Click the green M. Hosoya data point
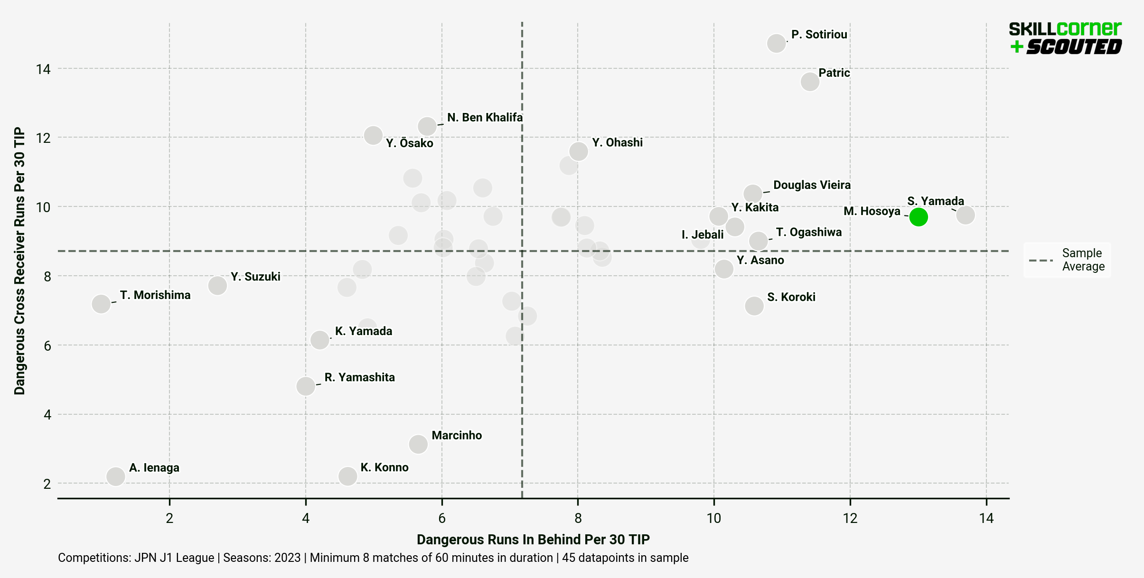tap(919, 217)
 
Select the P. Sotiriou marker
tap(776, 43)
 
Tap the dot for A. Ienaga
tap(115, 476)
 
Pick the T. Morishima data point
tap(101, 304)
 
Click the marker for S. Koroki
tap(754, 306)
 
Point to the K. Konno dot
tap(347, 475)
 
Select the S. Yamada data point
tap(966, 215)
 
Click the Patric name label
tap(834, 73)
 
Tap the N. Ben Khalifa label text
tap(485, 117)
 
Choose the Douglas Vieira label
tap(812, 185)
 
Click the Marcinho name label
tap(457, 435)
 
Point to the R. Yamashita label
tap(359, 377)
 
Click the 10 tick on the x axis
tap(713, 518)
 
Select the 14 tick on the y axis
tap(43, 69)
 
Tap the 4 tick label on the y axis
tap(47, 415)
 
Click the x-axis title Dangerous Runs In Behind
tap(533, 540)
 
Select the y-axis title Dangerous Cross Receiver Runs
tap(19, 261)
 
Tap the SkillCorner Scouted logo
tap(1065, 37)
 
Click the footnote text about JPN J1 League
tap(373, 558)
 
